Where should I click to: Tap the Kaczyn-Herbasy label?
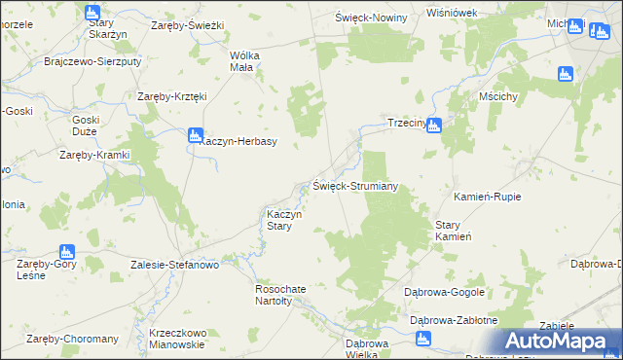[x=239, y=142]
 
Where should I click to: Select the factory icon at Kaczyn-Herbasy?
[x=195, y=135]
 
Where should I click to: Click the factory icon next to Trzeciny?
[x=434, y=125]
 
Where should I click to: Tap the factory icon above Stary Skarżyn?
[x=92, y=14]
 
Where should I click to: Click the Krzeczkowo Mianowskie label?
[x=176, y=338]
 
